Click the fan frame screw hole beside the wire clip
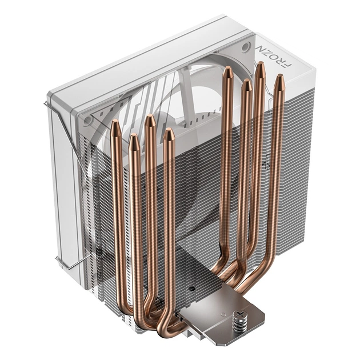click(87, 121)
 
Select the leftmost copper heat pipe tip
click(115, 124)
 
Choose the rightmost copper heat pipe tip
click(279, 79)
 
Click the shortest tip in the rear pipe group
click(246, 83)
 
